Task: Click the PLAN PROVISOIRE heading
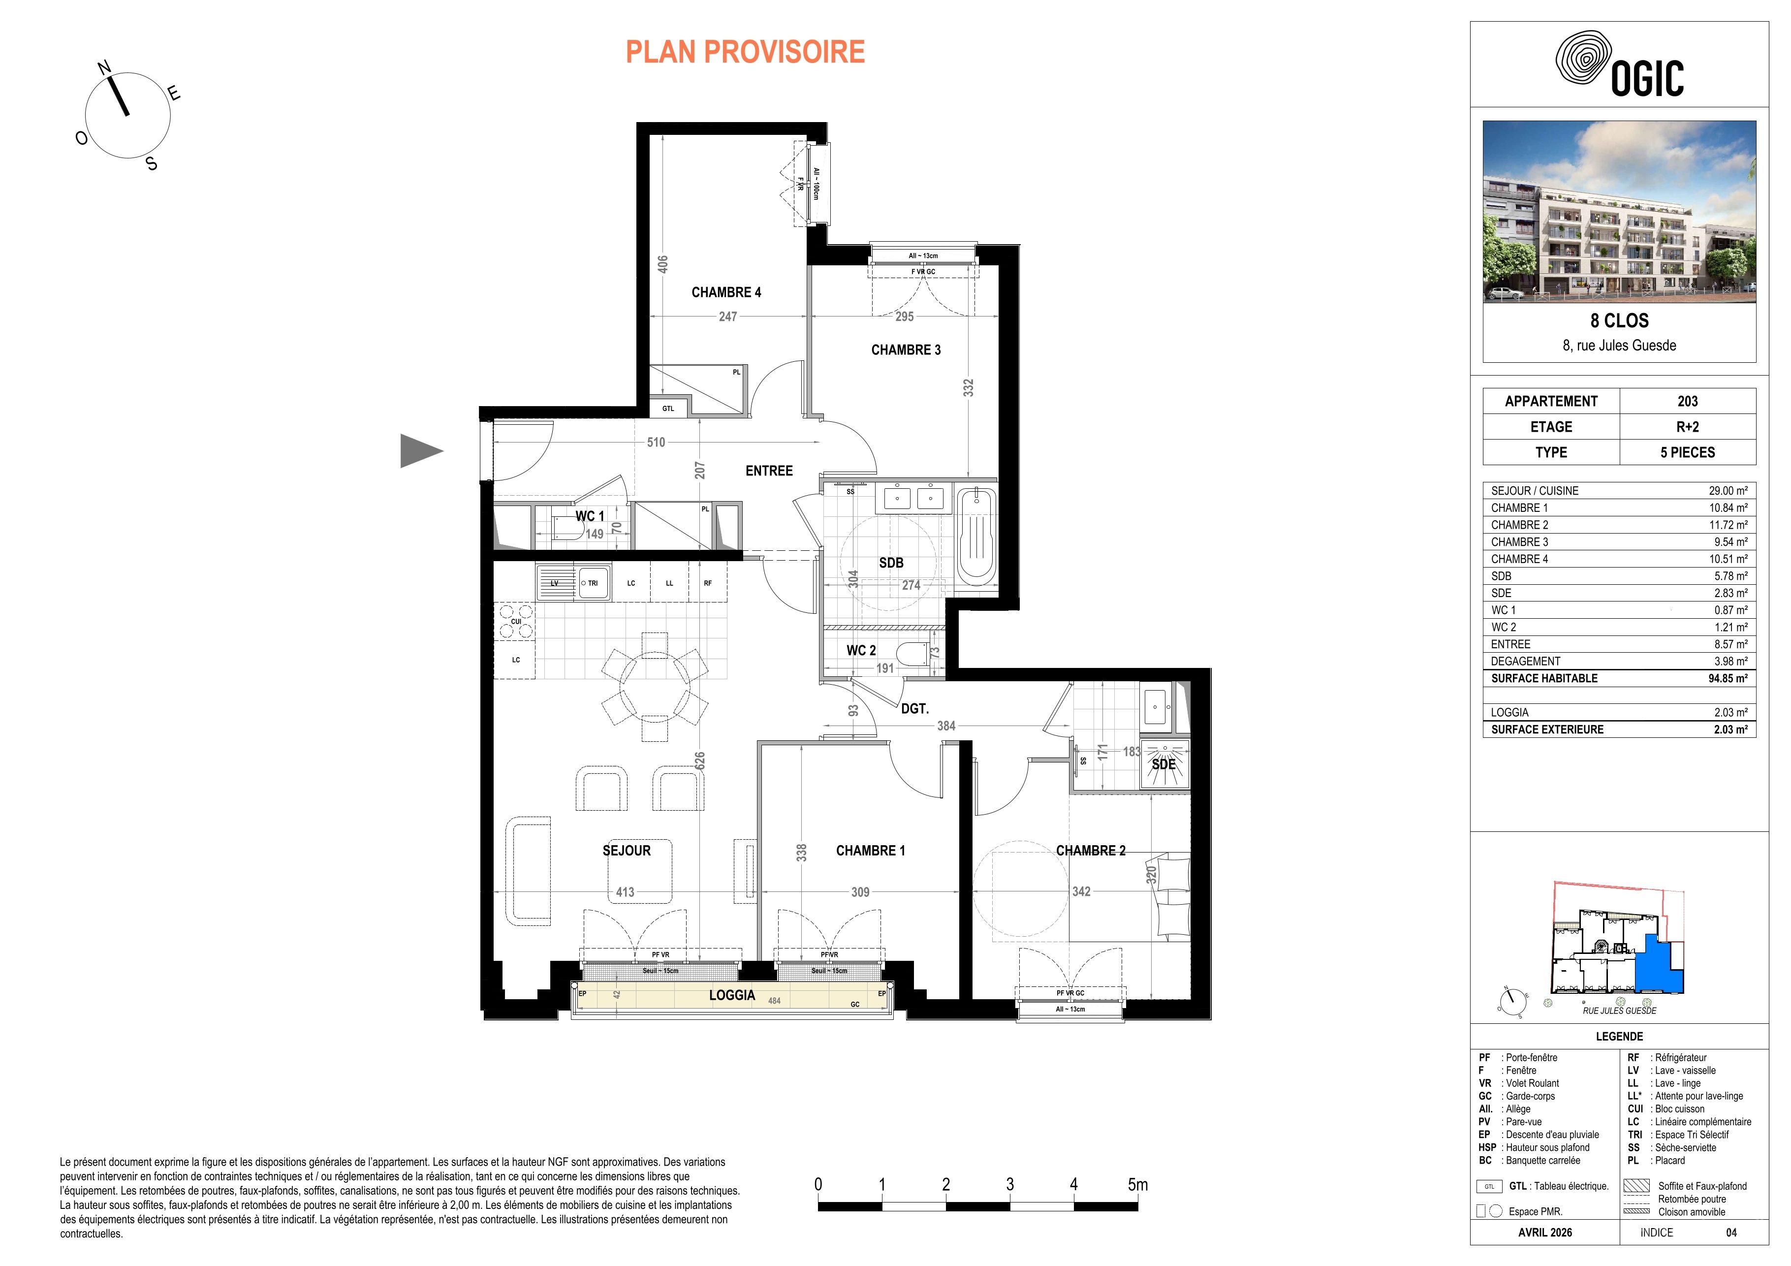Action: click(745, 52)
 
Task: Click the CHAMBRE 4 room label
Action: click(726, 292)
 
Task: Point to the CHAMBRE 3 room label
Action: click(906, 350)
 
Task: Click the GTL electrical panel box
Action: click(668, 409)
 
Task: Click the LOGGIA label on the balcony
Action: click(732, 995)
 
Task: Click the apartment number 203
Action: click(1687, 401)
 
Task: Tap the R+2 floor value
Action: click(1687, 427)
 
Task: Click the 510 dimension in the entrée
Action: click(656, 443)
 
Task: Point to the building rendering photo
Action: click(1619, 211)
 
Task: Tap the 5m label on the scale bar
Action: click(1137, 1184)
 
